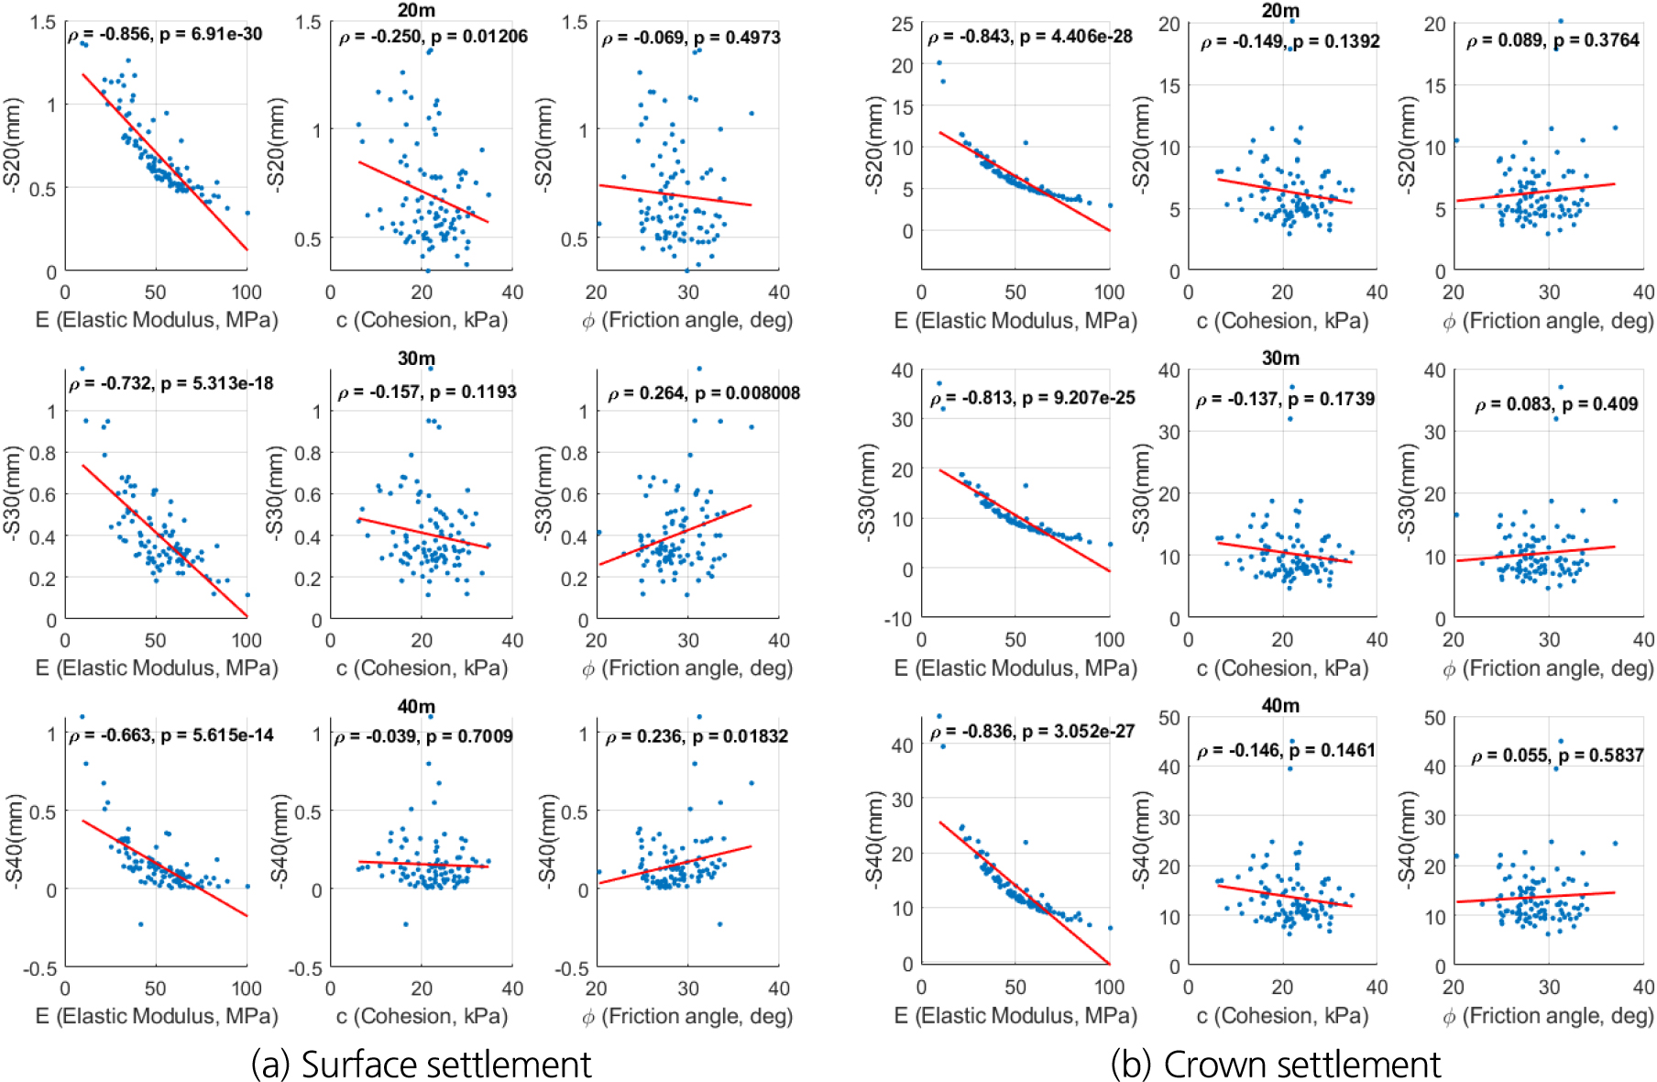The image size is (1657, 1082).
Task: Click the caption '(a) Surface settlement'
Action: tap(421, 1064)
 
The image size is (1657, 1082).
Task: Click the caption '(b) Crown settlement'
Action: tap(1275, 1064)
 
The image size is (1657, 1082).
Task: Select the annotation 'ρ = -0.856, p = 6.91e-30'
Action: tap(165, 35)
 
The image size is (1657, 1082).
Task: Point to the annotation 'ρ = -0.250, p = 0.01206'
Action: tap(433, 38)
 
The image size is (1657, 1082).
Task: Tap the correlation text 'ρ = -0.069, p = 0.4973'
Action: tap(691, 39)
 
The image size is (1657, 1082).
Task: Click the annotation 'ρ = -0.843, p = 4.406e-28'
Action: tap(1030, 37)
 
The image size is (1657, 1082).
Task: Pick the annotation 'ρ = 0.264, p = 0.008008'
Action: tap(704, 393)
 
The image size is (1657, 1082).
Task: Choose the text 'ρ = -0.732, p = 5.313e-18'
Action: tap(170, 383)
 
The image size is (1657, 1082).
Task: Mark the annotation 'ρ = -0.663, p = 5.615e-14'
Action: tap(170, 735)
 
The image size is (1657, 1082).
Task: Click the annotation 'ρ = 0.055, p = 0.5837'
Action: tap(1556, 756)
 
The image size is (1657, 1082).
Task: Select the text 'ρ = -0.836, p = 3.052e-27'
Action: tap(1032, 732)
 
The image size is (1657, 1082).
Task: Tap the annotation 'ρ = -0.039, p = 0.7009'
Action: tap(423, 736)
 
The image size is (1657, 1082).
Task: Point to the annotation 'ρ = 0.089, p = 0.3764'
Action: tap(1553, 40)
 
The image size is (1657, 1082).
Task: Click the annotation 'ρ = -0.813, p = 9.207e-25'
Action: tap(1032, 399)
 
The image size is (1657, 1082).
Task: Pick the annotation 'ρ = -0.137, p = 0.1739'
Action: tap(1285, 400)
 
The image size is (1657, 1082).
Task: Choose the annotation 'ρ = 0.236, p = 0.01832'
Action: tap(697, 736)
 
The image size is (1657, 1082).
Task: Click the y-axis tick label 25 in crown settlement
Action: tap(902, 25)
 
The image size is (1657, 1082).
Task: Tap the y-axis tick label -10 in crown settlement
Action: tap(897, 619)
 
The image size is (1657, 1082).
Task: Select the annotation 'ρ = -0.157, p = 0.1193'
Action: tap(427, 392)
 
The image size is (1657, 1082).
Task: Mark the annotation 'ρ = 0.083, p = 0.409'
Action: tap(1556, 404)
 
